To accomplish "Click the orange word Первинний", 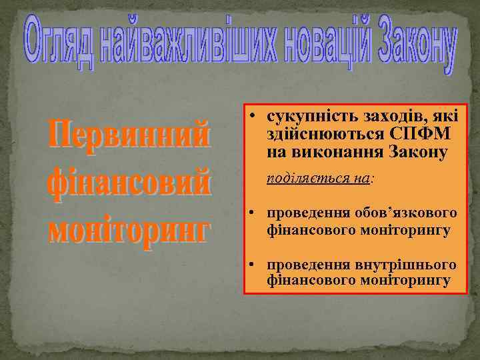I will point(128,137).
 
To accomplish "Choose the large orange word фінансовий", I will point(129,183).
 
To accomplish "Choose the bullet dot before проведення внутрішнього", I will point(256,266).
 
